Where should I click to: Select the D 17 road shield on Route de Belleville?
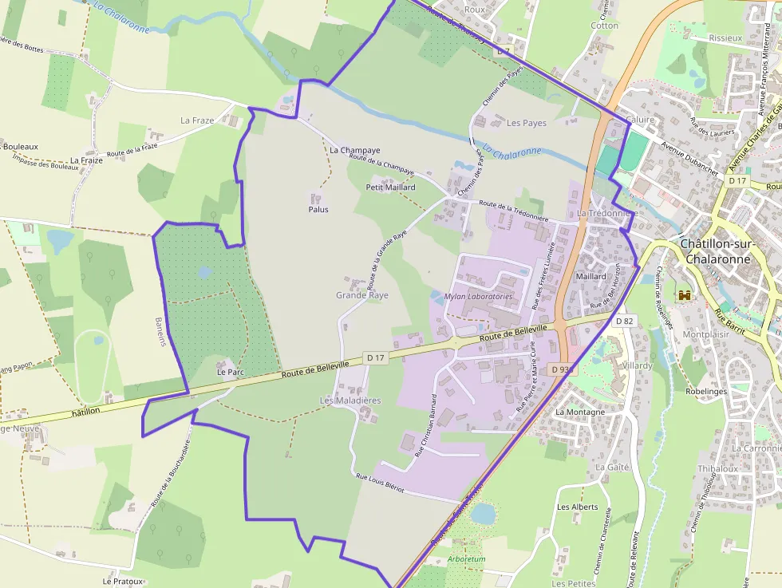[x=375, y=358]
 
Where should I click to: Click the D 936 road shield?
[x=562, y=369]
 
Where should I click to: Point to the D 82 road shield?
[x=624, y=321]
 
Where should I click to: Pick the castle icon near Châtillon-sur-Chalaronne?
[x=684, y=295]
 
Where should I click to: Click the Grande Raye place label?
[x=362, y=295]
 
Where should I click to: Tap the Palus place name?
[x=318, y=210]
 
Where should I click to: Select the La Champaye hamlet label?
[x=355, y=150]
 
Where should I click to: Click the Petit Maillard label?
[x=390, y=187]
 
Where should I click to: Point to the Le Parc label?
[x=230, y=373]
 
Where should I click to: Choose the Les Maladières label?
[x=350, y=400]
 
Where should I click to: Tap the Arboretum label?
[x=466, y=559]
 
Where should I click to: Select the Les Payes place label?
[x=527, y=123]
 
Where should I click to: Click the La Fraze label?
[x=197, y=120]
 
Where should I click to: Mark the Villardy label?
[x=637, y=365]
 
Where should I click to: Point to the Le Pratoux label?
[x=122, y=582]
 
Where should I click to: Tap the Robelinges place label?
[x=709, y=392]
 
